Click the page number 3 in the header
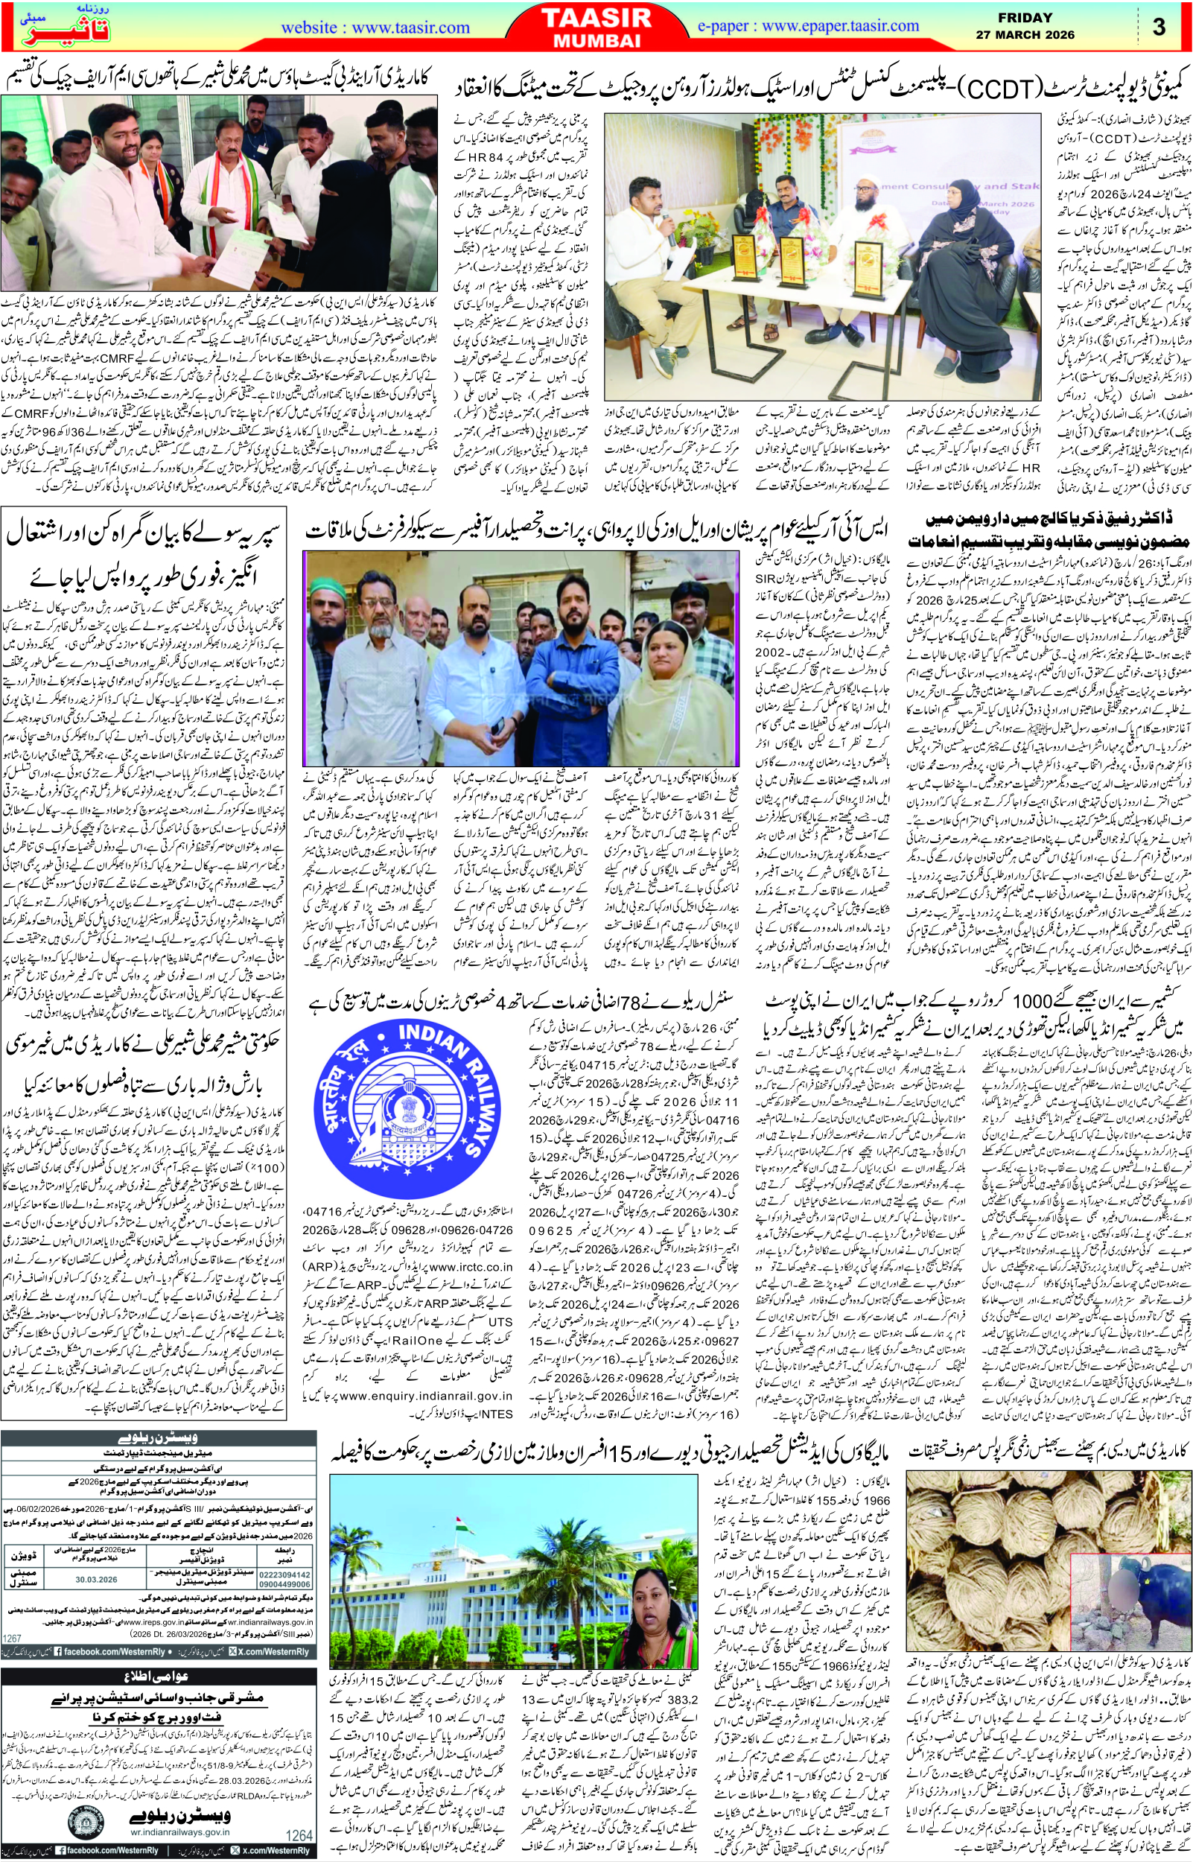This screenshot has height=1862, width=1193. click(x=1159, y=26)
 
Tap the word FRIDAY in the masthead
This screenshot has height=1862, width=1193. click(x=1024, y=18)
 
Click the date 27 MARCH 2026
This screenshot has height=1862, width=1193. click(x=1025, y=35)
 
